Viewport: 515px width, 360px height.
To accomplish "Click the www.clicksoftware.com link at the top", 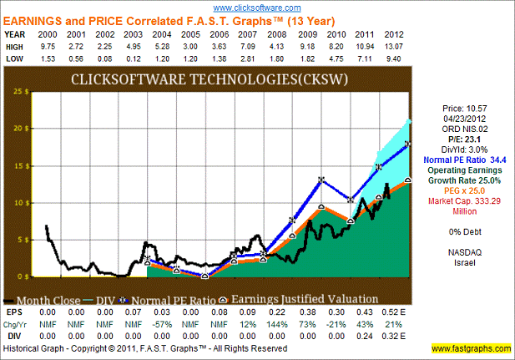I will (256, 8).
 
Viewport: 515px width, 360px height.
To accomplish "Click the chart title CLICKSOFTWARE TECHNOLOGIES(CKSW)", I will (220, 80).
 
